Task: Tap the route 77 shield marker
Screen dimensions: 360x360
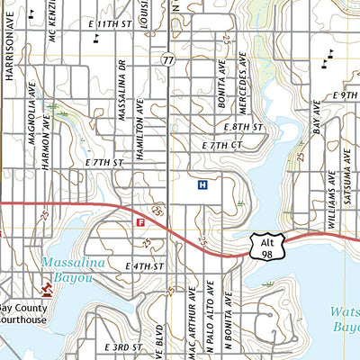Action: [x=168, y=58]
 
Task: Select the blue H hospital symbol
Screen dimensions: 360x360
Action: [x=202, y=185]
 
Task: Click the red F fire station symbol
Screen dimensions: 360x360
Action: [x=140, y=221]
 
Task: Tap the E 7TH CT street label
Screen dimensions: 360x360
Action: [x=223, y=144]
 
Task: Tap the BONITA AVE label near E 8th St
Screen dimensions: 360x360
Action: [x=221, y=85]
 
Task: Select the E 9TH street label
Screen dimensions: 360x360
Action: [x=345, y=94]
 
